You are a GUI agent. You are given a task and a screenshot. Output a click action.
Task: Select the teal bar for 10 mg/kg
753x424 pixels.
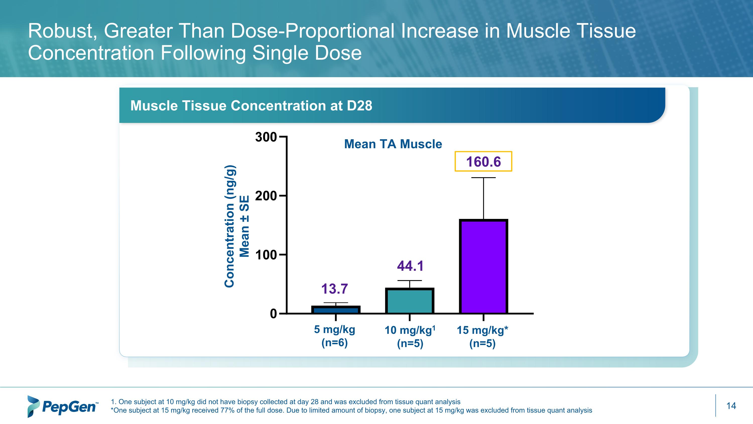point(410,301)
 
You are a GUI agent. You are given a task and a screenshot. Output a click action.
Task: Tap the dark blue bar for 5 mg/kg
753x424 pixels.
point(336,310)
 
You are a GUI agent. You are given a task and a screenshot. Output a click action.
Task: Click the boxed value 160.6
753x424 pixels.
point(483,162)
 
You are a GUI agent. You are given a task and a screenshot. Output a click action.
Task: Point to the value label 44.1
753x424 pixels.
point(410,266)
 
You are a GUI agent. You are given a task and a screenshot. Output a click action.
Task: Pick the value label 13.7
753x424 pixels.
point(334,289)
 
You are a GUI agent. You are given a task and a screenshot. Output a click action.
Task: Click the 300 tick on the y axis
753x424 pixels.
point(266,137)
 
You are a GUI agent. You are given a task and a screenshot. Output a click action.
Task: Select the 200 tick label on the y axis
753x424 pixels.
point(266,196)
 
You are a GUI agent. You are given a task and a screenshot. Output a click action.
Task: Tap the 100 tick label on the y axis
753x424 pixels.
point(266,255)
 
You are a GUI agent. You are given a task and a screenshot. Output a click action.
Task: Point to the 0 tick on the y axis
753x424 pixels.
point(273,314)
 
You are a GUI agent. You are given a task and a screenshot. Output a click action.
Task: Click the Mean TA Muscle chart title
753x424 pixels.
point(393,144)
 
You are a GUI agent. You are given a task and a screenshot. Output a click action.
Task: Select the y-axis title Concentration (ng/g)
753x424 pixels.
point(230,226)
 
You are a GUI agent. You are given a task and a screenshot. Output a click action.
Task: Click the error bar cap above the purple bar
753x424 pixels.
point(483,178)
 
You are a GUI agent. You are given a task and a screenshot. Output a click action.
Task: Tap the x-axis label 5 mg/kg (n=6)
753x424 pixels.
point(335,336)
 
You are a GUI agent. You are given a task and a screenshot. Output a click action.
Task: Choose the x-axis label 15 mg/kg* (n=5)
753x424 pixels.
point(482,336)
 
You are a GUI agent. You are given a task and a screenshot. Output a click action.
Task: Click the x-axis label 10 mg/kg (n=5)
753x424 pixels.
point(410,336)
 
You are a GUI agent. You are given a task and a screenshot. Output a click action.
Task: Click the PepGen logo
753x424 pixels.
point(62,406)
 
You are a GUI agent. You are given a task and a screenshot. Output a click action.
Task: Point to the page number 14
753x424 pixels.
point(731,406)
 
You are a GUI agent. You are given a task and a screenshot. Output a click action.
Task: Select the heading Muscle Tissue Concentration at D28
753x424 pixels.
point(251,106)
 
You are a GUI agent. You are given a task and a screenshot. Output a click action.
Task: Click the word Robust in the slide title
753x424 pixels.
point(62,31)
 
